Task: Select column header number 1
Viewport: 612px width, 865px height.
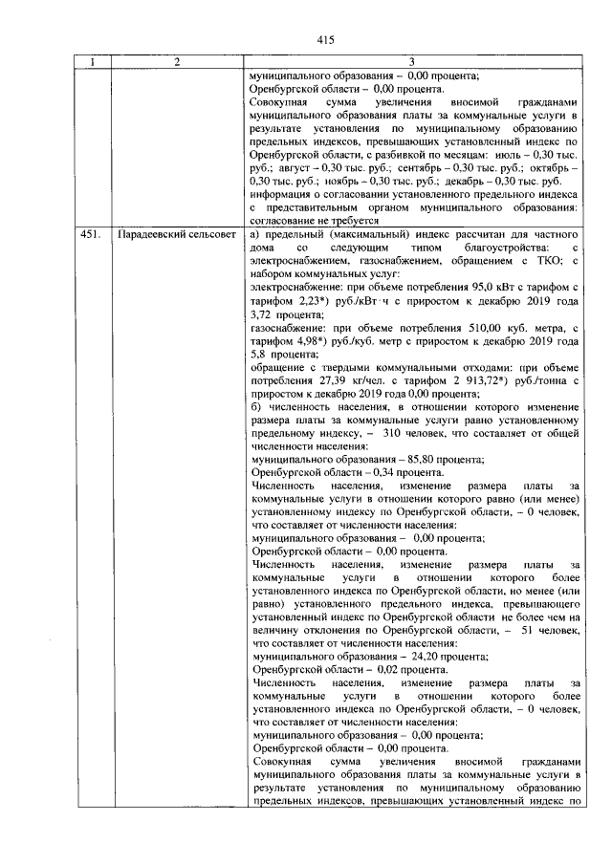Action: [x=92, y=63]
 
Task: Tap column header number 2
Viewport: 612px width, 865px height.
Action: [x=177, y=63]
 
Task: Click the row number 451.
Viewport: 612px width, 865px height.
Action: [x=90, y=234]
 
